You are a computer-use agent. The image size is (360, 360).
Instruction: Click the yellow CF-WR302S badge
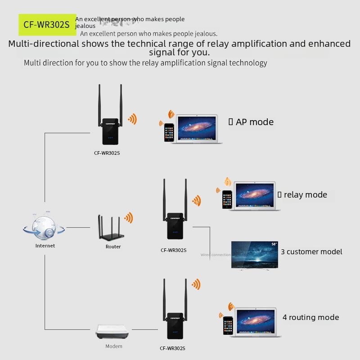(x=47, y=25)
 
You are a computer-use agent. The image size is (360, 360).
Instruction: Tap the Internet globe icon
(x=44, y=226)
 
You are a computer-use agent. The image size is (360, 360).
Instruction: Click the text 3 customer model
(x=311, y=252)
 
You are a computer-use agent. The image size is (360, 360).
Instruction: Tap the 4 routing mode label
(x=310, y=317)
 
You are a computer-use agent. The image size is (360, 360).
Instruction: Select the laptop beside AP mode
(x=198, y=129)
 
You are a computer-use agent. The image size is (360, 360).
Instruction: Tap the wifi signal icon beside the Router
(x=129, y=218)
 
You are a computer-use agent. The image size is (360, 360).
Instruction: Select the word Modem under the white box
(x=114, y=346)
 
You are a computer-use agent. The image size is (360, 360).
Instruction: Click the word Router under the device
(x=113, y=247)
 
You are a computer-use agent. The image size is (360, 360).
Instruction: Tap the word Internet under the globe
(x=45, y=246)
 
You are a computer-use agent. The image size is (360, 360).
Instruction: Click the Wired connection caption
(x=216, y=255)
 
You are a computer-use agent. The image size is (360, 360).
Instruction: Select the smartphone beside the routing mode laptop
(x=228, y=325)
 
